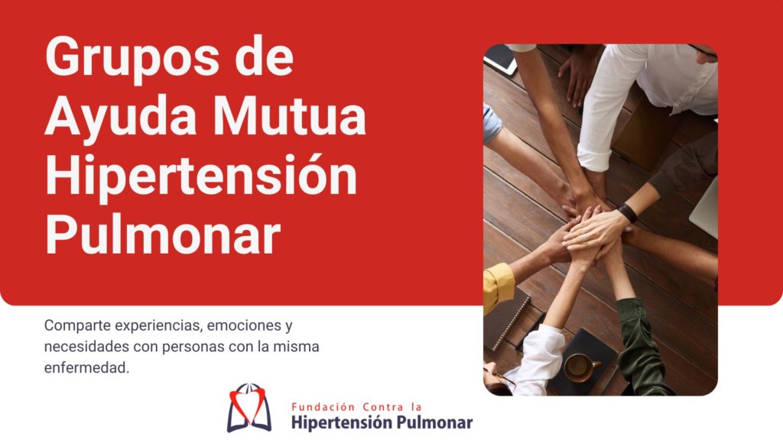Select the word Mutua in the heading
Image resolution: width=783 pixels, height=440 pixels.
pyautogui.click(x=292, y=116)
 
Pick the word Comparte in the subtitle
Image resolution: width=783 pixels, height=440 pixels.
pyautogui.click(x=77, y=325)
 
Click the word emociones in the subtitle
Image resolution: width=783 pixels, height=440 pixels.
pyautogui.click(x=237, y=325)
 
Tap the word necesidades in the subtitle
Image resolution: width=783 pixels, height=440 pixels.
pyautogui.click(x=87, y=346)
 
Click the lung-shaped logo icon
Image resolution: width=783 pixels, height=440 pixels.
pyautogui.click(x=249, y=408)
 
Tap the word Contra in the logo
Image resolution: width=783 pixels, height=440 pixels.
pyautogui.click(x=383, y=407)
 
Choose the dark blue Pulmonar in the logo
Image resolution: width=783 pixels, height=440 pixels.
pyautogui.click(x=427, y=423)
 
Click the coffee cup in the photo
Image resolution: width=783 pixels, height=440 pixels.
pyautogui.click(x=581, y=367)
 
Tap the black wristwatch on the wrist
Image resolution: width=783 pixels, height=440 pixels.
pyautogui.click(x=628, y=213)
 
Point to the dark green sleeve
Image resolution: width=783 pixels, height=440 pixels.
pyautogui.click(x=642, y=347)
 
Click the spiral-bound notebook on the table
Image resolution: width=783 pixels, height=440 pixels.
pyautogui.click(x=506, y=319)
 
